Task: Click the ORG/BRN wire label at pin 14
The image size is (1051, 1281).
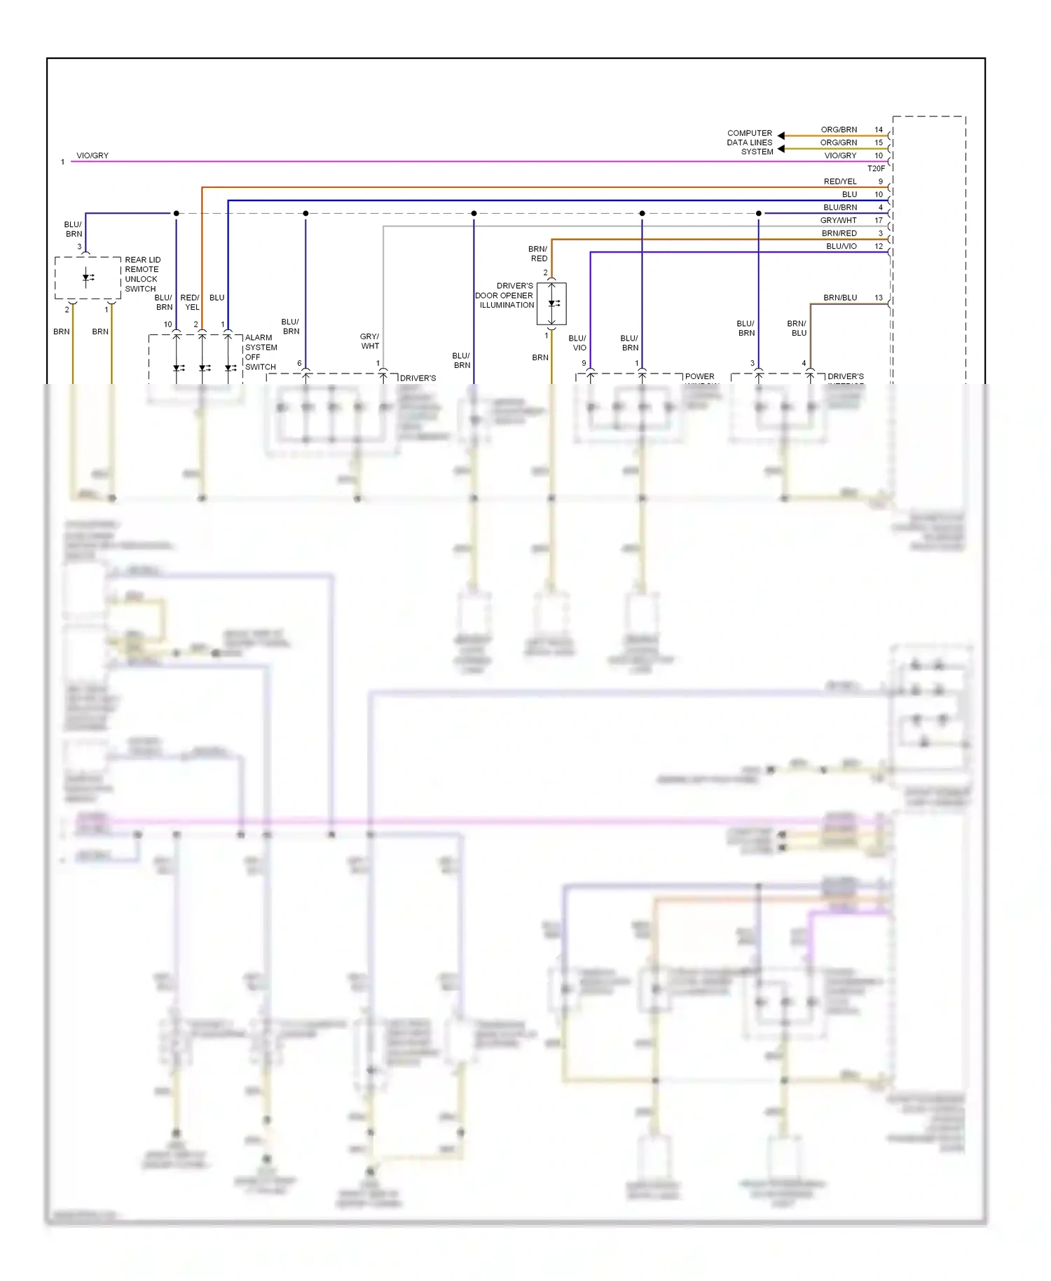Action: [x=839, y=130]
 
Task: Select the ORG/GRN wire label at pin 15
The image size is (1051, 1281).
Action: [x=839, y=142]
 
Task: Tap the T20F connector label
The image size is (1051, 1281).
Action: [x=876, y=168]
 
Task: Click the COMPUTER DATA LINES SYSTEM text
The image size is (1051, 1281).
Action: [x=750, y=142]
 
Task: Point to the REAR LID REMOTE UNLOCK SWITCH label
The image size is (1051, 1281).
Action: [x=142, y=274]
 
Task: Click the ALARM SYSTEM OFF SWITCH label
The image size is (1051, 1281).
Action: [x=261, y=352]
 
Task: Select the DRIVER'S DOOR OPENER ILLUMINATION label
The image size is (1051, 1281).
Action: [x=504, y=295]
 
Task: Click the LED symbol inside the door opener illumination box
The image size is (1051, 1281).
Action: [x=553, y=303]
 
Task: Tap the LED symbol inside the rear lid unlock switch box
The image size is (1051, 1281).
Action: [x=88, y=278]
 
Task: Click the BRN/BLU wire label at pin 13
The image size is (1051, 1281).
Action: [x=840, y=298]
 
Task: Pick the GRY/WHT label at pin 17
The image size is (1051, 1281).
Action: [x=838, y=220]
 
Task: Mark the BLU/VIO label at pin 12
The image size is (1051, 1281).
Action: [x=841, y=246]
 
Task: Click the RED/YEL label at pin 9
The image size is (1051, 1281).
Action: [x=840, y=181]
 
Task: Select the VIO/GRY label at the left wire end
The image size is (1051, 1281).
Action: [x=92, y=156]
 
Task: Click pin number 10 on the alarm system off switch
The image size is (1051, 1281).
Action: [x=167, y=324]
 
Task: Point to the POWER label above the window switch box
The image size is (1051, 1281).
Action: [x=699, y=376]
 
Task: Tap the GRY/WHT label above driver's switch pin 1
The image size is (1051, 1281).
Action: [x=369, y=341]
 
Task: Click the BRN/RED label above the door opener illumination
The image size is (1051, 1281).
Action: [x=538, y=254]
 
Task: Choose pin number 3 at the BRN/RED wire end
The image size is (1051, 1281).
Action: [x=881, y=233]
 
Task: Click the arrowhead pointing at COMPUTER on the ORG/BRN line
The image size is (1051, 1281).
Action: [x=781, y=135]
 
